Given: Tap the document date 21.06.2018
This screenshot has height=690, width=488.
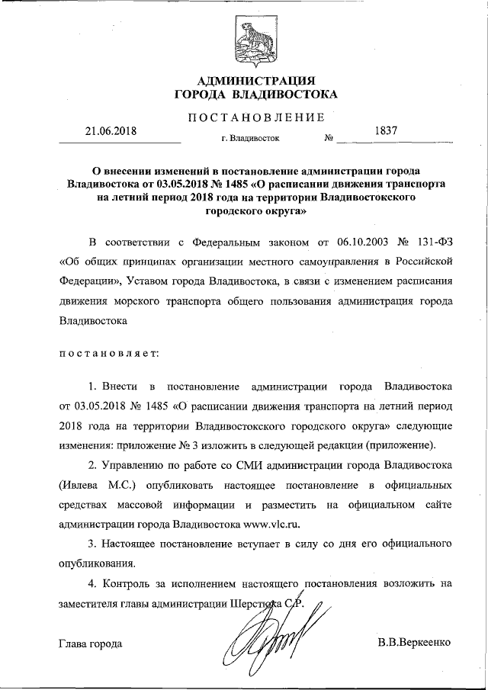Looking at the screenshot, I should [x=110, y=130].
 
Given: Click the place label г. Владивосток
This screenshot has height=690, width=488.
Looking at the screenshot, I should [x=249, y=140].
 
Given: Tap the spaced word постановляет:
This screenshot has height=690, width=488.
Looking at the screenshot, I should [x=108, y=354].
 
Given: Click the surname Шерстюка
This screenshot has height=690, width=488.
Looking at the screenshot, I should [x=256, y=604].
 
